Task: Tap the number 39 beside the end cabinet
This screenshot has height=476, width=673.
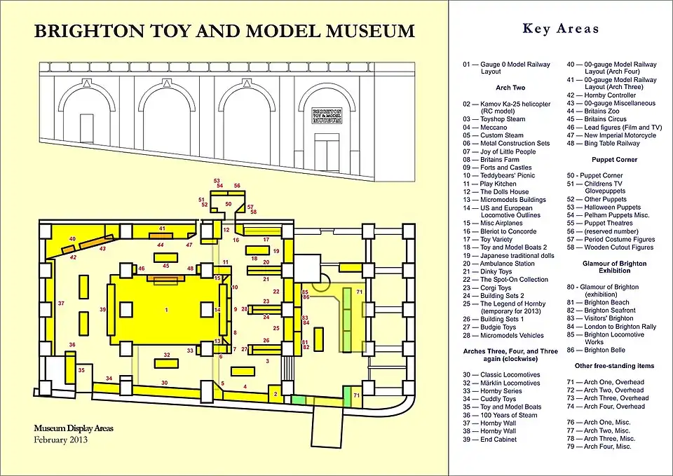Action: coord(102,309)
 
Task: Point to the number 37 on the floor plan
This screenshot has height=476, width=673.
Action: coord(61,304)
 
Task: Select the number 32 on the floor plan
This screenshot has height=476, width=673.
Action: coord(167,355)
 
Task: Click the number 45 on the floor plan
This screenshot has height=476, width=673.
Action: coord(166,266)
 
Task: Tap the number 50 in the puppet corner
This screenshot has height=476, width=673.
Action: coord(228,204)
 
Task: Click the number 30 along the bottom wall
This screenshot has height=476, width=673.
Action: coord(164,383)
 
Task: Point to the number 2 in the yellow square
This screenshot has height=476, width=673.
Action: coord(276,395)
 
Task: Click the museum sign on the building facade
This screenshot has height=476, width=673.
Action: coord(327,116)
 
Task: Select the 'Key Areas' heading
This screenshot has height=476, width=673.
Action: coord(561,29)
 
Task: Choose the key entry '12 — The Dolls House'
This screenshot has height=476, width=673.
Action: coord(496,191)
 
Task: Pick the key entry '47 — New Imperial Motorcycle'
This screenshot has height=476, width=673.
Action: coord(611,135)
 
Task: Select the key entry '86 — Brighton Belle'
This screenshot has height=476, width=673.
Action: coord(605,350)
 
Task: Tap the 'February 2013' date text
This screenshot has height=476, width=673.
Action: coord(61,440)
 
